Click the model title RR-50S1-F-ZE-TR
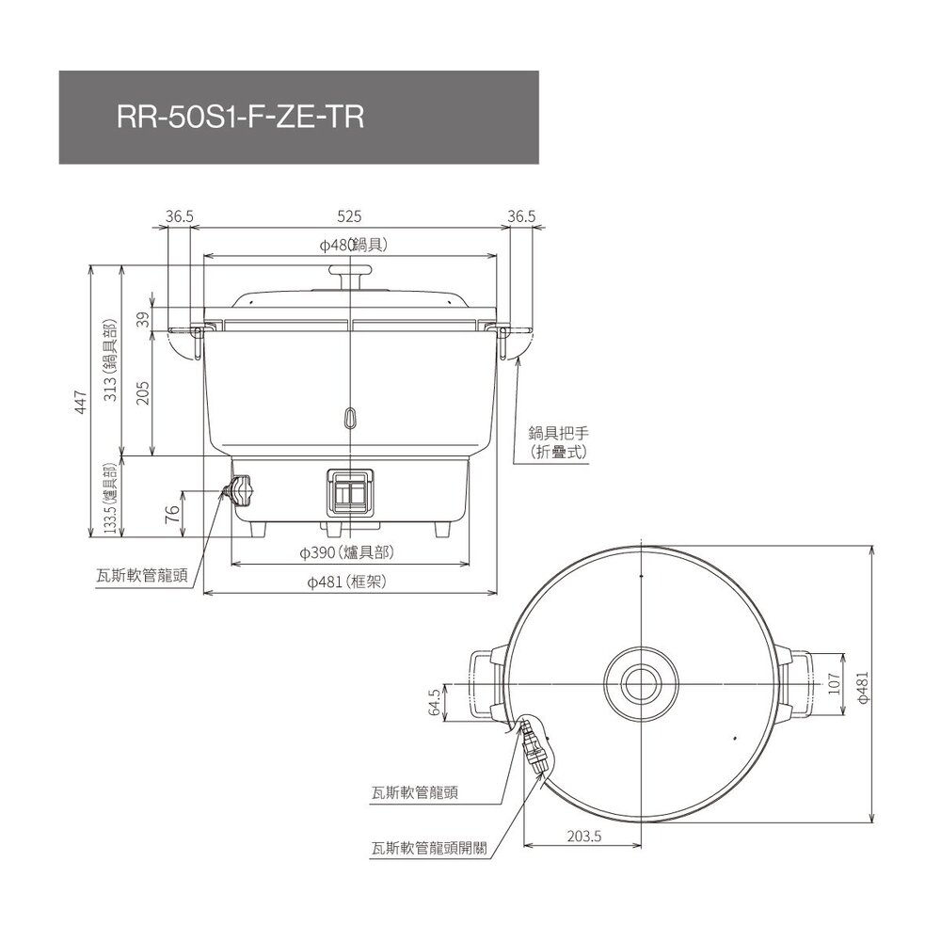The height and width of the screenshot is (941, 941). (239, 118)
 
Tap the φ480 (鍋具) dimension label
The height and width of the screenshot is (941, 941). (350, 245)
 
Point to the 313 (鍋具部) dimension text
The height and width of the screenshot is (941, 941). (110, 361)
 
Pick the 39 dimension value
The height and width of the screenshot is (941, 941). (143, 320)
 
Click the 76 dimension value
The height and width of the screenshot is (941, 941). (171, 514)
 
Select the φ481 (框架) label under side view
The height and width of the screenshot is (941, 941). (347, 582)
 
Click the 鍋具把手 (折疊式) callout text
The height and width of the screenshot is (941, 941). (559, 442)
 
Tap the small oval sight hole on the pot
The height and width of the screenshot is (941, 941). (350, 416)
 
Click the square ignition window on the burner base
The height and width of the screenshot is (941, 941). (350, 491)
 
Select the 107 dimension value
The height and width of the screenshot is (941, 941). (834, 685)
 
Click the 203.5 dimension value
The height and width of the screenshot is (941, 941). (584, 835)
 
